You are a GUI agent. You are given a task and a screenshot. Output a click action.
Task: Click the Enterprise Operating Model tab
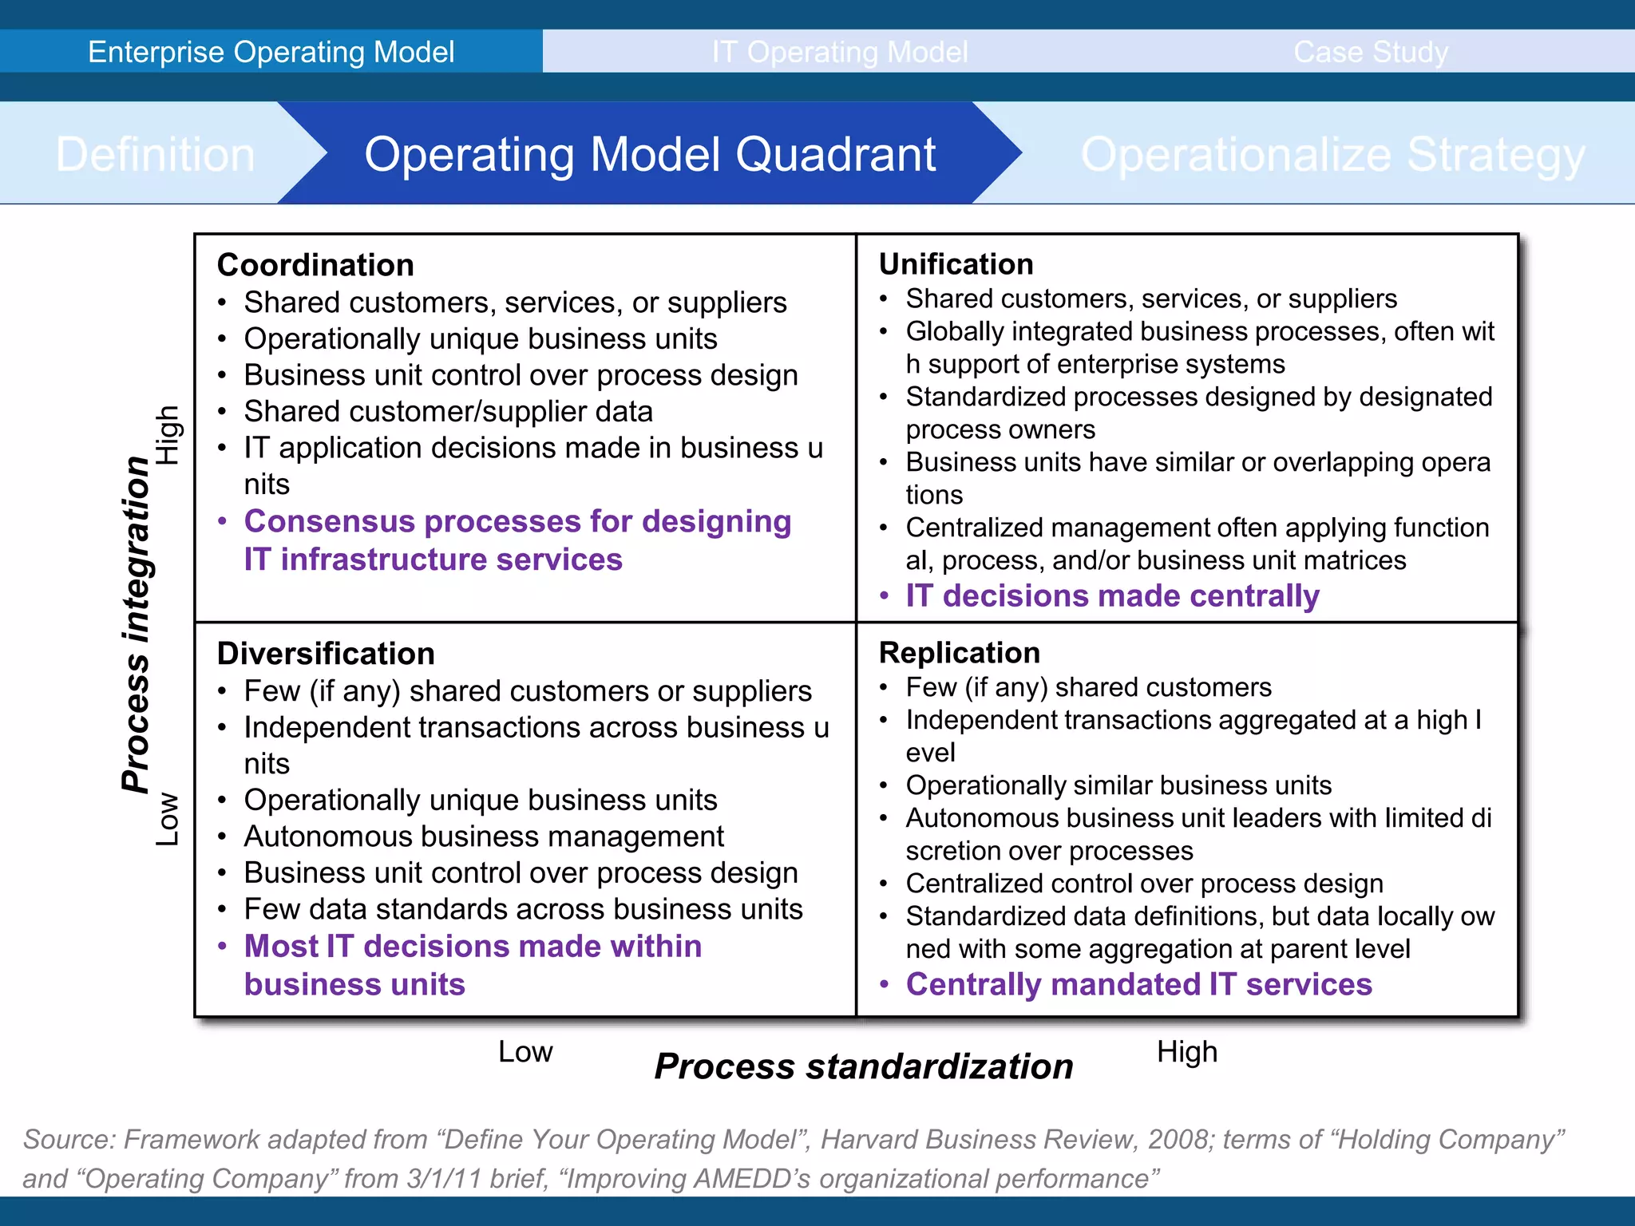point(271,52)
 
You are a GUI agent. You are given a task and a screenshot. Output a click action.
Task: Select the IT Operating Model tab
point(840,52)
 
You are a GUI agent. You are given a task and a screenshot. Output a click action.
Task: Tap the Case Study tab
point(1370,52)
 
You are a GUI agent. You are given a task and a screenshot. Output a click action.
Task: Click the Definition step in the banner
point(155,154)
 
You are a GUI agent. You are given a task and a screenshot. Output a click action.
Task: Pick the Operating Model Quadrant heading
point(650,154)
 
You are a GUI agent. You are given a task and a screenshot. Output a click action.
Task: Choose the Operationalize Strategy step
point(1332,154)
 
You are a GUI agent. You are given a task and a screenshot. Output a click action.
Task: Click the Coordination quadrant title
point(315,265)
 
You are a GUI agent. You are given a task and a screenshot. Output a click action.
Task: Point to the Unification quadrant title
point(956,264)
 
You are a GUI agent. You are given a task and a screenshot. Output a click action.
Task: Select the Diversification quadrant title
point(326,654)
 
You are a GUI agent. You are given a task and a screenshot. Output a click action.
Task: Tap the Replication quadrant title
point(959,653)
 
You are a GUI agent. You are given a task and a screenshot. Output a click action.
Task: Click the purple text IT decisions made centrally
point(1111,596)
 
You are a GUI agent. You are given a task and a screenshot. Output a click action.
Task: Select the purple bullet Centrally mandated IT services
point(1138,984)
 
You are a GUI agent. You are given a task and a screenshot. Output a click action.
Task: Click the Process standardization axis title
point(863,1066)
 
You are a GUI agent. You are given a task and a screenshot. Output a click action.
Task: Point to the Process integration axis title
point(137,624)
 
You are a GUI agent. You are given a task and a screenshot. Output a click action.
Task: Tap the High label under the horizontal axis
point(1186,1052)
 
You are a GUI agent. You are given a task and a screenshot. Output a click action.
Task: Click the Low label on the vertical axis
point(167,819)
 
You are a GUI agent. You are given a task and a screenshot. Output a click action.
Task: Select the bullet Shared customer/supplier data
point(448,412)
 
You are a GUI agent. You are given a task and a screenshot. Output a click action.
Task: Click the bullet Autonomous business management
point(484,836)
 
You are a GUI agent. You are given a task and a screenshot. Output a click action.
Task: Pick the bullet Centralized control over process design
point(1144,884)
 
